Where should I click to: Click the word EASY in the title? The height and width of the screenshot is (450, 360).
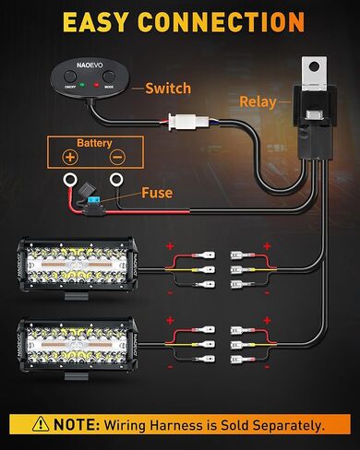click(95, 21)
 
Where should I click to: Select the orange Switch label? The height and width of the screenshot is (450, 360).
click(168, 89)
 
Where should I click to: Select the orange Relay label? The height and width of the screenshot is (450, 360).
click(258, 101)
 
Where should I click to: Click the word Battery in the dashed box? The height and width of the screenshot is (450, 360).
click(94, 144)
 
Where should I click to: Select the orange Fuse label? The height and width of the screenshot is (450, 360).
click(157, 194)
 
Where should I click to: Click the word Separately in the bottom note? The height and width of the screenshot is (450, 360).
click(285, 425)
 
